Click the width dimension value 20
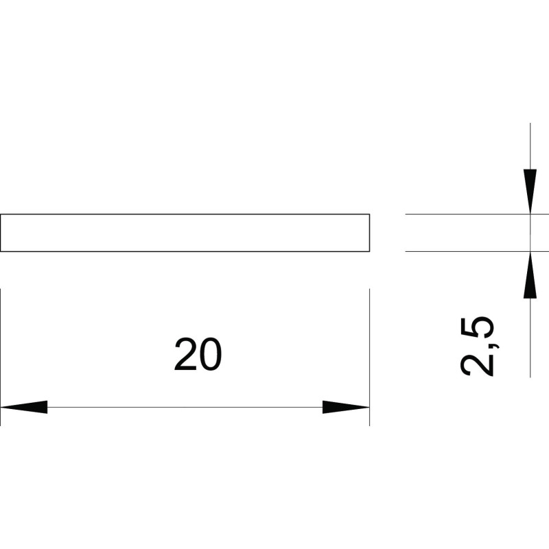click(198, 354)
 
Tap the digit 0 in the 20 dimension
click(211, 354)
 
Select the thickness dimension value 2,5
click(478, 347)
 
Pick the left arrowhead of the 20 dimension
click(24, 407)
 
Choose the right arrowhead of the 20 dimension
click(346, 407)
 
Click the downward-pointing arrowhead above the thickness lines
click(530, 191)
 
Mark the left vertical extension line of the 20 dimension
click(1, 357)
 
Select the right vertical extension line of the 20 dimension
click(369, 357)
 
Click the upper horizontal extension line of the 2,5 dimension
click(477, 214)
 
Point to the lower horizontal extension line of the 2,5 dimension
click(477, 251)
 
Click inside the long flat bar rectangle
click(185, 233)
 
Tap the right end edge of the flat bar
click(369, 233)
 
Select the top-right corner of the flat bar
click(369, 214)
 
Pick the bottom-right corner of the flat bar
click(369, 251)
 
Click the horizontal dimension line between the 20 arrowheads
click(185, 407)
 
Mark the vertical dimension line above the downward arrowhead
click(530, 146)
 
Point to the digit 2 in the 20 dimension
click(185, 354)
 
